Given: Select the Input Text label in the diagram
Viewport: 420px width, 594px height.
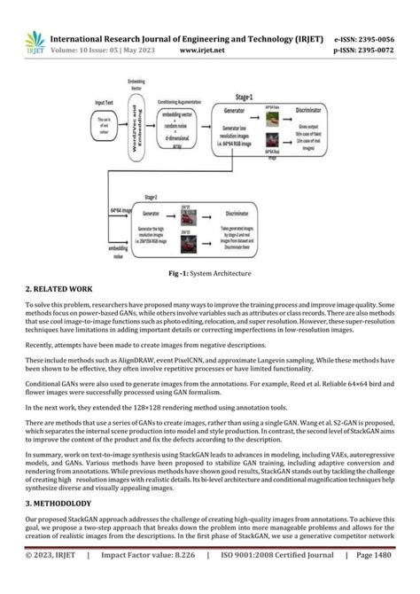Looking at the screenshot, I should click(x=105, y=104).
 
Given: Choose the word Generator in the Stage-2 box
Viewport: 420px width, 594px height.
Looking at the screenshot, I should click(x=151, y=214).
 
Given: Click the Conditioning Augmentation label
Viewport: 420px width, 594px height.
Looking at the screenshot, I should click(x=183, y=104).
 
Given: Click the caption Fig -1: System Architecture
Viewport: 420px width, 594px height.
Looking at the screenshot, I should click(x=210, y=273).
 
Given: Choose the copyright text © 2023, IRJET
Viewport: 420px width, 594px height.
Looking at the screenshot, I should click(x=52, y=581).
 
